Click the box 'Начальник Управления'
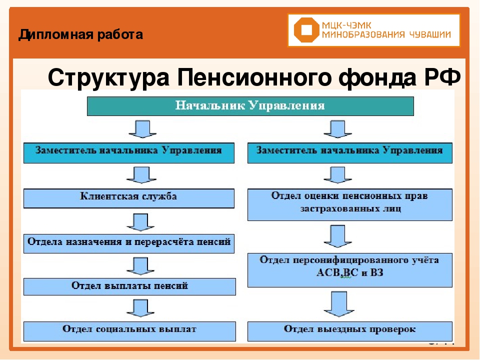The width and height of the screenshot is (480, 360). (250, 106)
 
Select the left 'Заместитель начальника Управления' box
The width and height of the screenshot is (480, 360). (129, 152)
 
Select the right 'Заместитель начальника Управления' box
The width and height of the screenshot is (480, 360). (349, 152)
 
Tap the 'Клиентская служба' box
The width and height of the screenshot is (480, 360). (129, 197)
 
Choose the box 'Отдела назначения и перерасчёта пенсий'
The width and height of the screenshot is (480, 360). (129, 243)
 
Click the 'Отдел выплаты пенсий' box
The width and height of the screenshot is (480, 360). (129, 286)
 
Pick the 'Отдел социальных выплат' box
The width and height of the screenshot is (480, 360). (129, 330)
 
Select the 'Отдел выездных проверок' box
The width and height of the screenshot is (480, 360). (349, 330)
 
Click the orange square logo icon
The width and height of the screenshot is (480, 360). (305, 30)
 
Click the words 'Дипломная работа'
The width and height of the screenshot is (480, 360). (80, 35)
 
